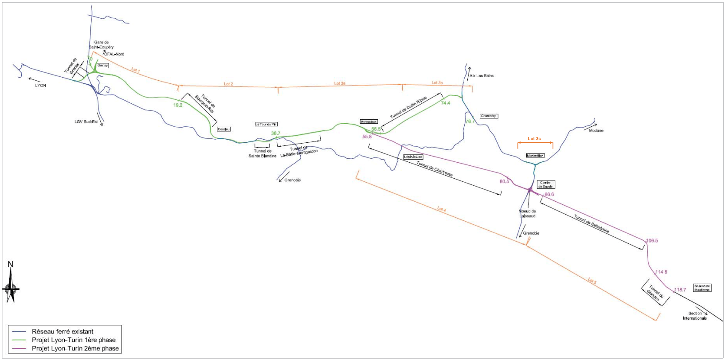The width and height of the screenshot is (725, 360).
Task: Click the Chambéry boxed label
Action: pos(489,116)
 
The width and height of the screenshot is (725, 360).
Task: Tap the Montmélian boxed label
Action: pos(535,156)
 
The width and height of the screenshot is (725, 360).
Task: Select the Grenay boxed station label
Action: pos(102,66)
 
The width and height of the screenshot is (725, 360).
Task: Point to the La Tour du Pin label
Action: pos(266,124)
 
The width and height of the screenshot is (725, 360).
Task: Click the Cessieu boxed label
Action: pos(224,129)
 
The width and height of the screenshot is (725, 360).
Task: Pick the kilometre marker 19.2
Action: pos(178,105)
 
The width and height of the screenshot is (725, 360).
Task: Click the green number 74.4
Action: pos(445,103)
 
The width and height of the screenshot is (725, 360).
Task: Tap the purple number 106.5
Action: pos(652,241)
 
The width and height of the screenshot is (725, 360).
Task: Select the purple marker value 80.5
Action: pos(504,181)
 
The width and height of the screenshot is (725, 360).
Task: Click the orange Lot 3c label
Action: pos(534,139)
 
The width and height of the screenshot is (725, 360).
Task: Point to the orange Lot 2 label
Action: pos(228,84)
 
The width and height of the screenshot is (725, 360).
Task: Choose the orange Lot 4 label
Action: pos(441,209)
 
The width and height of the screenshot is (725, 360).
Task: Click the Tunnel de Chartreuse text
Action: pos(435,168)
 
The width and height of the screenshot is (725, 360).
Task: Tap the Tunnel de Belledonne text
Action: pos(592,224)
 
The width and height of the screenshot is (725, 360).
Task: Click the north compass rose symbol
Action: pos(11,288)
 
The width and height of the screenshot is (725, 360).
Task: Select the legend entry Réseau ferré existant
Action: pos(63,331)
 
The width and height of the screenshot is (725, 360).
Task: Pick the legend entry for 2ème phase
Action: pos(75,348)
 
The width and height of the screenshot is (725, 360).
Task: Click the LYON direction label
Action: pos(40,85)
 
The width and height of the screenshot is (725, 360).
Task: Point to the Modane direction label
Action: pos(596,130)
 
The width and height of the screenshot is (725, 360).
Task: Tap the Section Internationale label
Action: pos(695,316)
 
